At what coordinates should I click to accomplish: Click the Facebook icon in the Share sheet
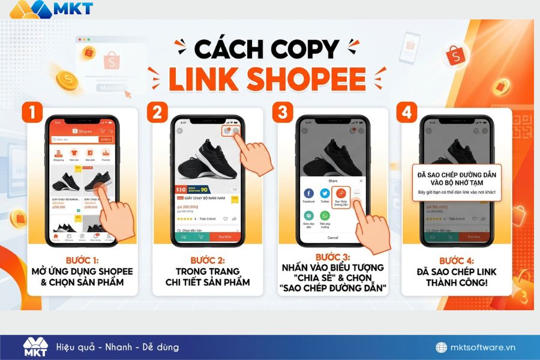(x=308, y=193)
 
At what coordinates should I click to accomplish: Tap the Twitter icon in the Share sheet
(x=325, y=193)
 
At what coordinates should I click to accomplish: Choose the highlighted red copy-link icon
(x=341, y=193)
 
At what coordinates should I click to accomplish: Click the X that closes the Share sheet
(x=361, y=180)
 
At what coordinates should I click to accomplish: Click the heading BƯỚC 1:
(x=82, y=260)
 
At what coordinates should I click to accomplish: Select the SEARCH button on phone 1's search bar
(x=106, y=139)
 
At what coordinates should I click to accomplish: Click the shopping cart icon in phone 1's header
(x=103, y=131)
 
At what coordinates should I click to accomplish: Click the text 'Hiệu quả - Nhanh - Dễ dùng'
(x=117, y=347)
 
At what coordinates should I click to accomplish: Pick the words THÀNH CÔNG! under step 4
(x=457, y=282)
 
